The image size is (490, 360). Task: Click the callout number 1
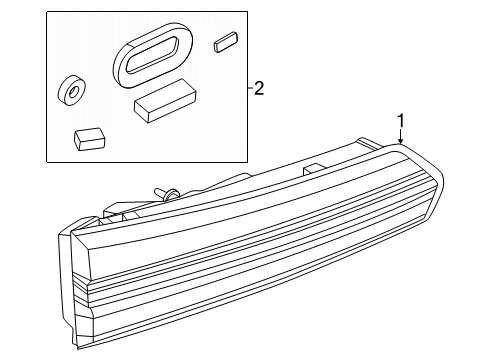tap(400, 122)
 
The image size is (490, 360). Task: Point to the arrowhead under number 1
tap(400, 146)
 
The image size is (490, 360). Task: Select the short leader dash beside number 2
tap(245, 89)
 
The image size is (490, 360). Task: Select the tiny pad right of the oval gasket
tap(225, 43)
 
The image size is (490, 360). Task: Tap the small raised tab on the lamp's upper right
tap(312, 169)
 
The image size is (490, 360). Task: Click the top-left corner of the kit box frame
tap(46, 11)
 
